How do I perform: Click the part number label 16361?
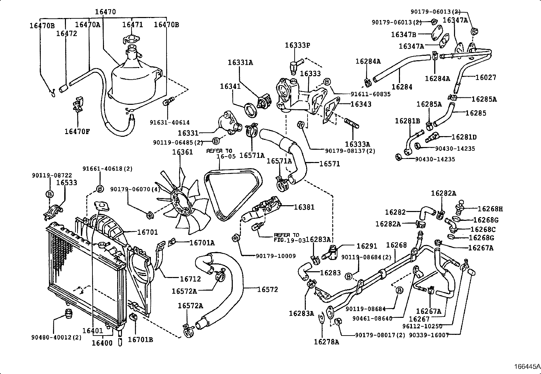click(x=182, y=152)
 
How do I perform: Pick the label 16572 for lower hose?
click(x=267, y=290)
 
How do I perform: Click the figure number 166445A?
click(x=527, y=367)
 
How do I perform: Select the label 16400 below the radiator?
click(x=102, y=343)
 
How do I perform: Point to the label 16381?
click(x=304, y=207)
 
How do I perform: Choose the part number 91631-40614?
click(x=170, y=123)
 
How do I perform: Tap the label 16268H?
click(x=490, y=209)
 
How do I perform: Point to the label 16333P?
click(x=298, y=45)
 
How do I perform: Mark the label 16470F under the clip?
click(x=77, y=131)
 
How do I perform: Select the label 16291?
click(x=367, y=246)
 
